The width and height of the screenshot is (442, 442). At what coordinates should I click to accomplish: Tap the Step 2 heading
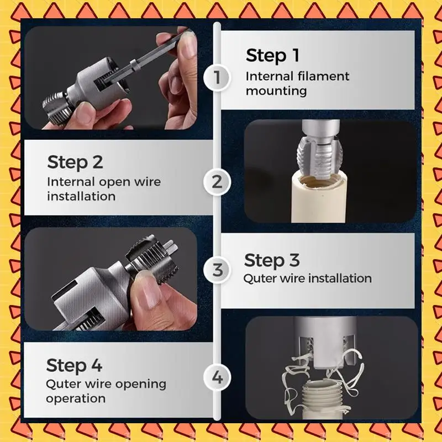point(75,162)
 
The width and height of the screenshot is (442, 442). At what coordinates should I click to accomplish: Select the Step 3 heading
point(272,260)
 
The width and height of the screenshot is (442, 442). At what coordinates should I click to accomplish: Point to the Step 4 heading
point(74,366)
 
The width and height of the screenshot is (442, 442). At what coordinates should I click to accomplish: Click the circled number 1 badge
point(217,77)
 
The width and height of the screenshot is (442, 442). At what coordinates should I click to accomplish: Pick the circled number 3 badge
point(217,271)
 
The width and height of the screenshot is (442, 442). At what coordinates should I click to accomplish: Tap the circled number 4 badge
point(217,378)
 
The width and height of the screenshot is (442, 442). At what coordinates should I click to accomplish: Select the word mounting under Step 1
point(276,91)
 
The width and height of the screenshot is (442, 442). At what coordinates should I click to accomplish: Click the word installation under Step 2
point(81,196)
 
